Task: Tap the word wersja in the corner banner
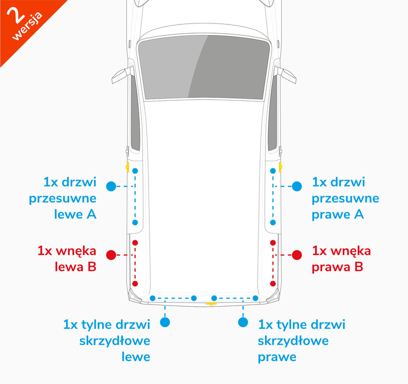click(28, 26)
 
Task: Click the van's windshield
click(204, 67)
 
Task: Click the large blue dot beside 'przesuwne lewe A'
click(111, 186)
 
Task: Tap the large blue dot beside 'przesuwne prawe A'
click(297, 186)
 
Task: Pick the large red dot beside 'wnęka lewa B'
click(111, 255)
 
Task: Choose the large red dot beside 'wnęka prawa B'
click(297, 255)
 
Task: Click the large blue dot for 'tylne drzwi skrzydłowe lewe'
click(165, 322)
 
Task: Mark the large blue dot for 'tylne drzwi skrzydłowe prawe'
click(243, 322)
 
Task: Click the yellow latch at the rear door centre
click(211, 303)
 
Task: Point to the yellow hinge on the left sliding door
click(127, 167)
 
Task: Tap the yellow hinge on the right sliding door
click(281, 167)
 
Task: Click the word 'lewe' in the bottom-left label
click(136, 357)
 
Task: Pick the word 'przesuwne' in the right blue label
click(345, 199)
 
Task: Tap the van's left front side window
click(135, 113)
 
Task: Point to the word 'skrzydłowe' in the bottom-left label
click(115, 341)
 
